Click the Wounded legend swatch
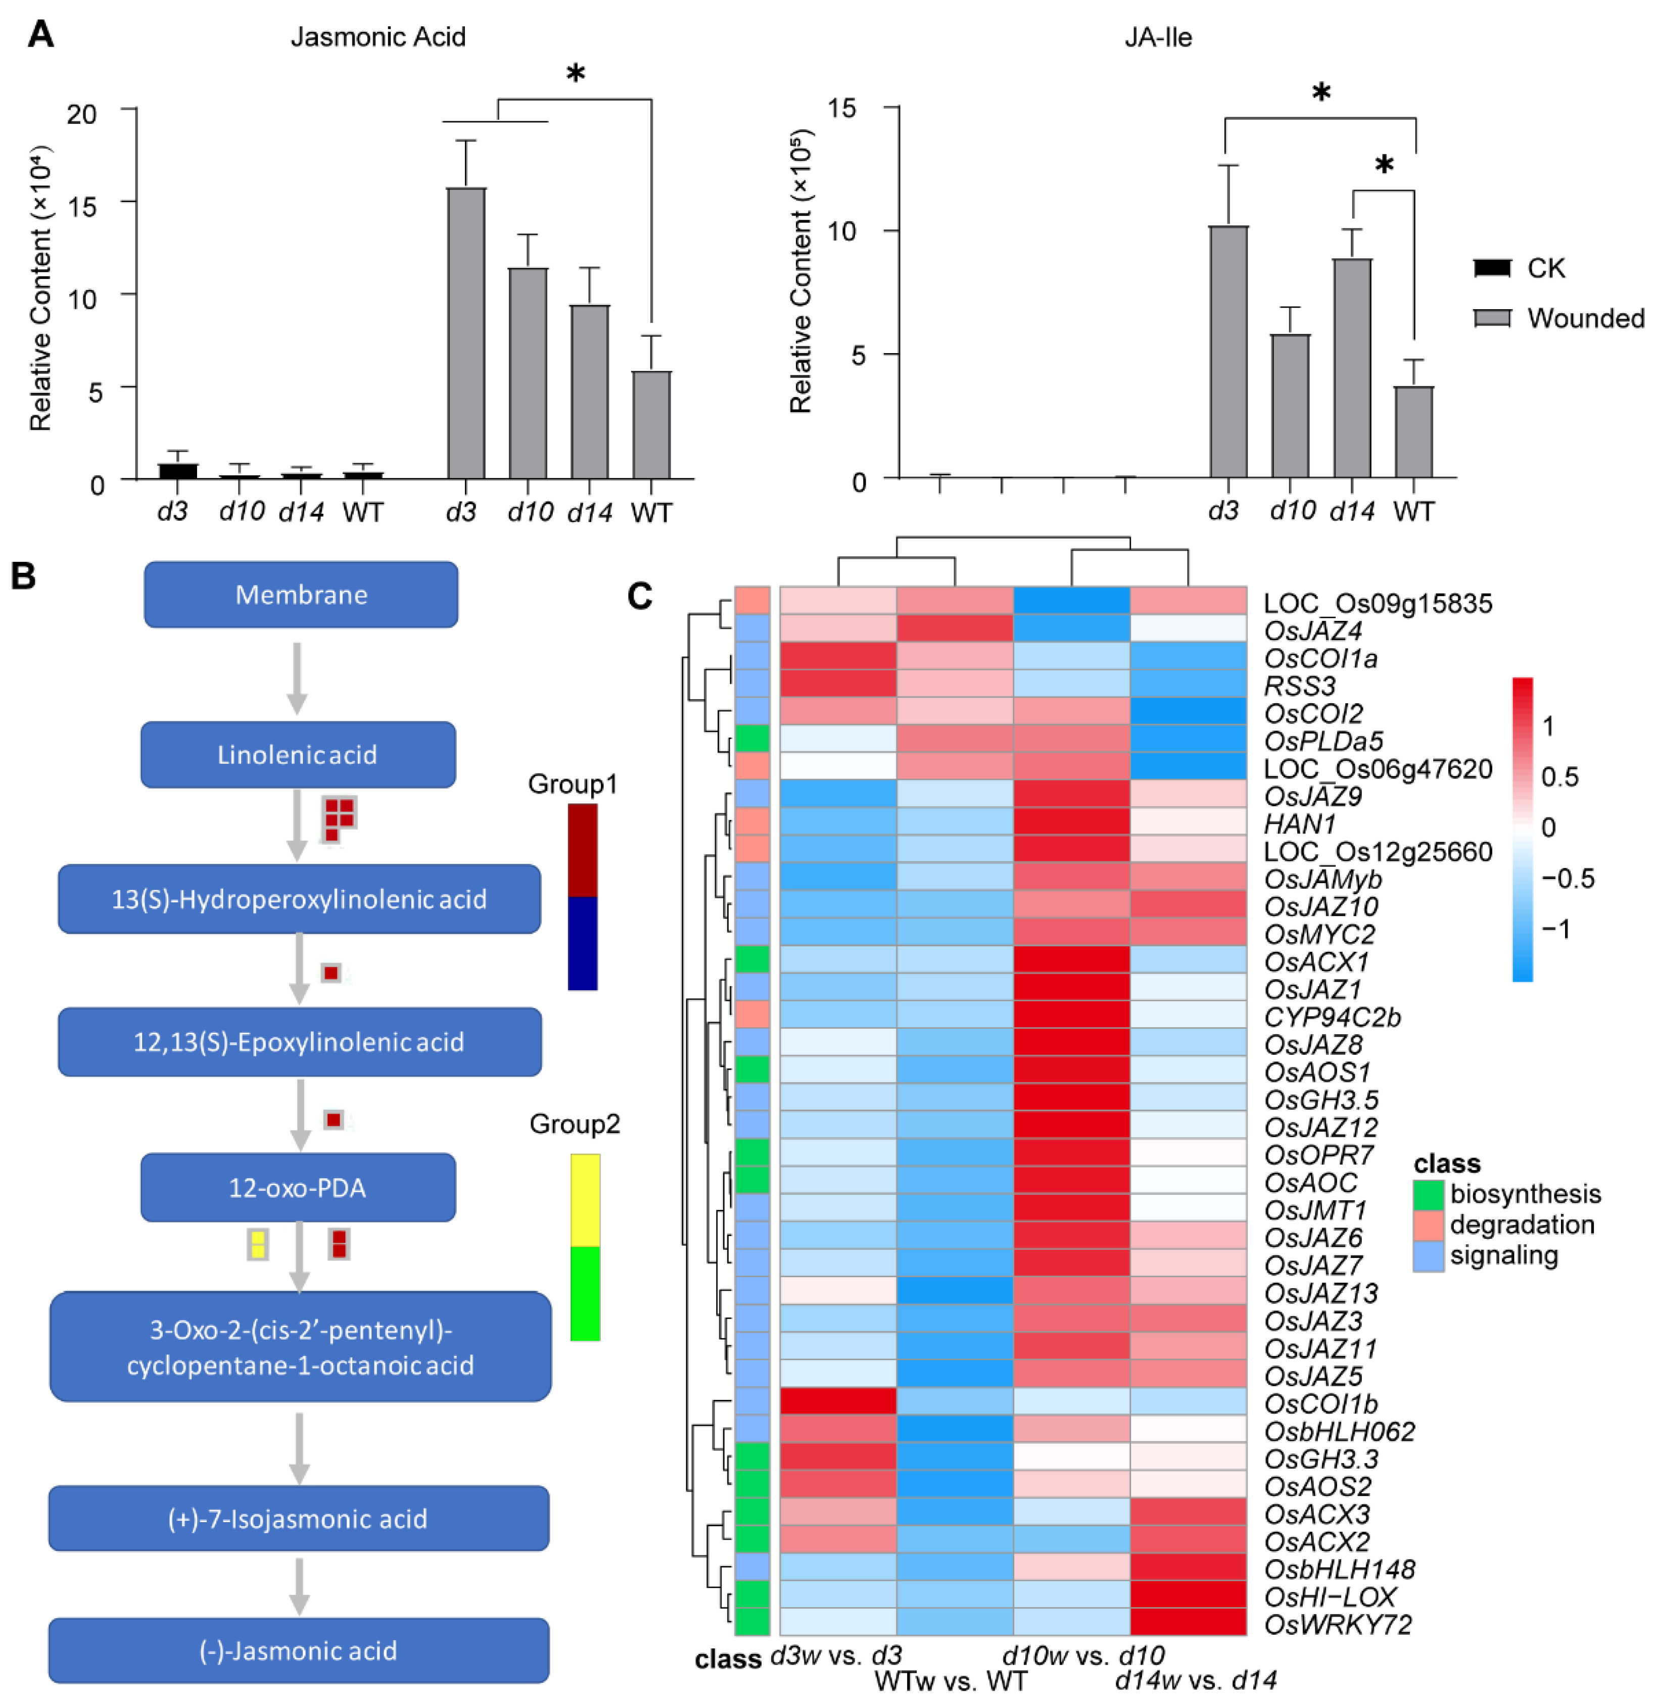point(1493,318)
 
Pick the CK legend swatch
point(1493,268)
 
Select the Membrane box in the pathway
point(301,594)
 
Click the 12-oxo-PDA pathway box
point(298,1187)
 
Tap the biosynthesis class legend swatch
point(1428,1194)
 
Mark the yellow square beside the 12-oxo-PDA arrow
point(258,1244)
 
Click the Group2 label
point(575,1125)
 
